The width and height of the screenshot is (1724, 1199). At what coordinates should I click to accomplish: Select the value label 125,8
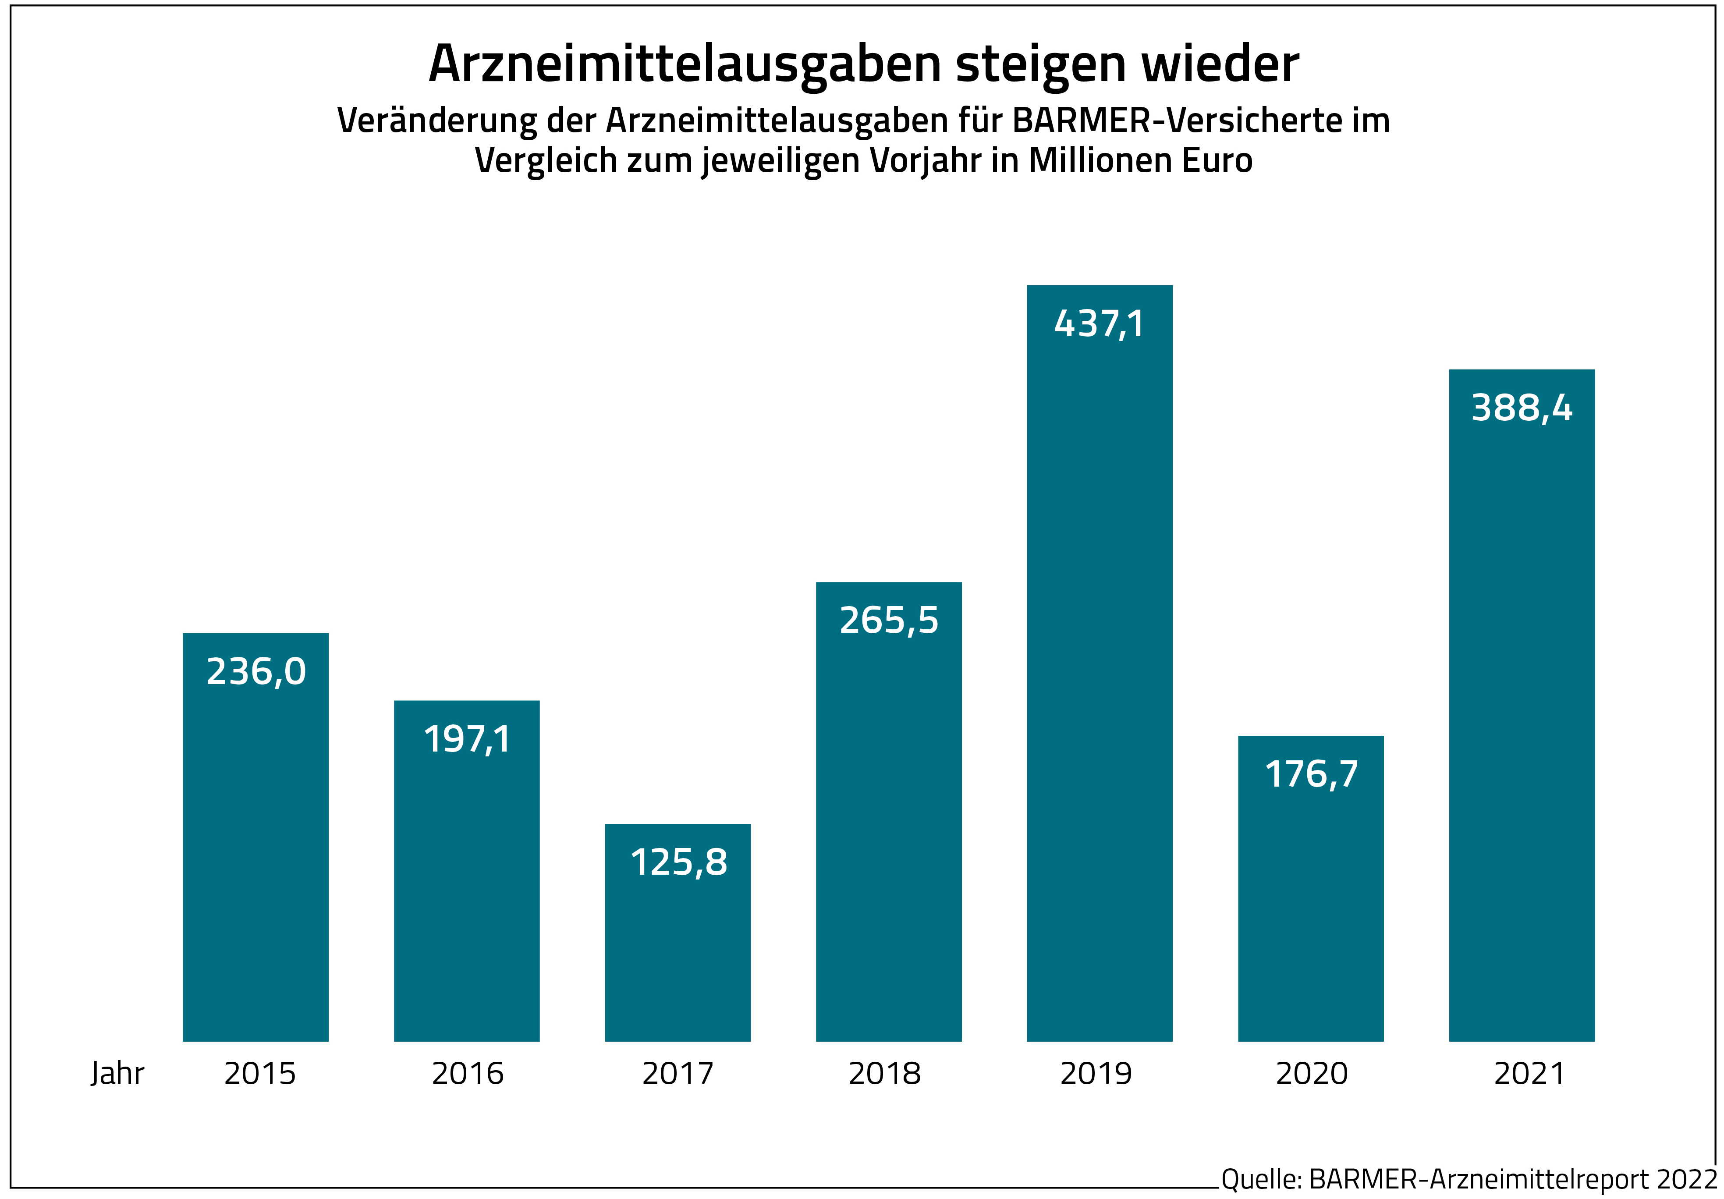[678, 862]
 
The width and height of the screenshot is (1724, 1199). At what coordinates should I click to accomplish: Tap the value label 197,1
[467, 740]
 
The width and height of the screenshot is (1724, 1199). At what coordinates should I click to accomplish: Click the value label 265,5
[889, 620]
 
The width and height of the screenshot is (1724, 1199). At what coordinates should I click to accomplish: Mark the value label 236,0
[256, 671]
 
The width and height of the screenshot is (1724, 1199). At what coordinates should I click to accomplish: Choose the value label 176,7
[1311, 774]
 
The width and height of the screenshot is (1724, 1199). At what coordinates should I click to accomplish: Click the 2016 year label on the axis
[467, 1074]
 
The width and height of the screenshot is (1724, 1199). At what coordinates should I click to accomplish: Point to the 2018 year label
[884, 1074]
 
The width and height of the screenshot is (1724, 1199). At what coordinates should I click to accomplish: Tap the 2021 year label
[1529, 1074]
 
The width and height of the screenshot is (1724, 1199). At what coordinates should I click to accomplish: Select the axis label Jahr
[117, 1074]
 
